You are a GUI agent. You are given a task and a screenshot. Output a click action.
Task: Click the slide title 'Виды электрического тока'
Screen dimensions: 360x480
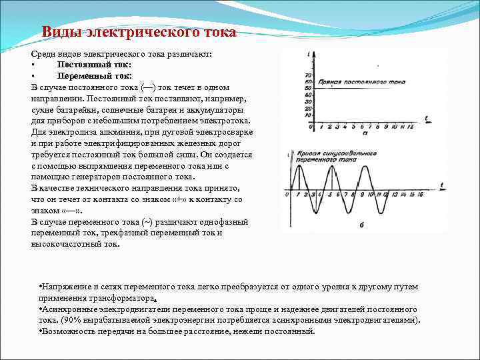[139, 33]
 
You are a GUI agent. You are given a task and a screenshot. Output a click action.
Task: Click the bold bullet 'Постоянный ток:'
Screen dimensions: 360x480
[94, 65]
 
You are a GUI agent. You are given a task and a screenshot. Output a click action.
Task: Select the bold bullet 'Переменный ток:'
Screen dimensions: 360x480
[94, 76]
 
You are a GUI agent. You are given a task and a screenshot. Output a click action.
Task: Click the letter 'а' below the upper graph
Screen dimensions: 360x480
[365, 134]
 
